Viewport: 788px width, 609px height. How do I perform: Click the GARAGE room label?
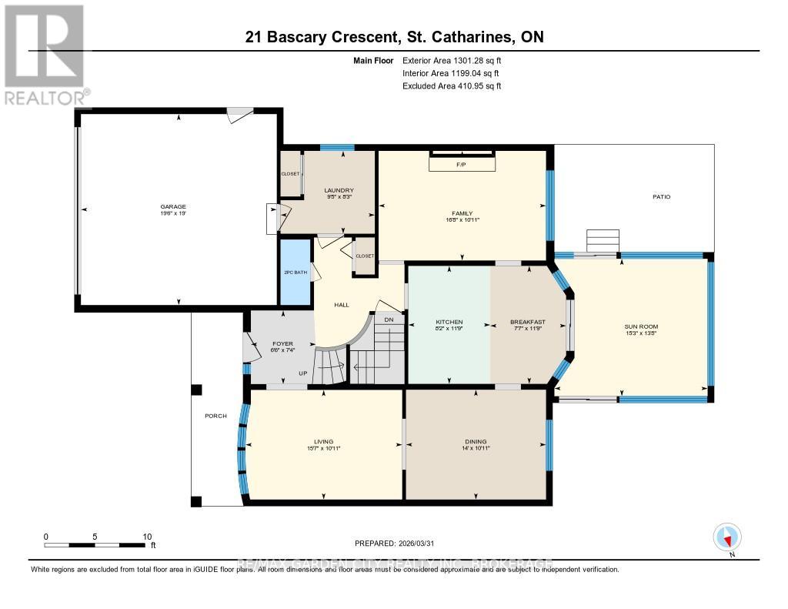[x=173, y=206]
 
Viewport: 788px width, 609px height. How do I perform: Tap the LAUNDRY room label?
[x=339, y=190]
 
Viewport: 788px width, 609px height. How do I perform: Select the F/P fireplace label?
[x=462, y=164]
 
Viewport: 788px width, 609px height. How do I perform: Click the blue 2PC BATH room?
[x=295, y=273]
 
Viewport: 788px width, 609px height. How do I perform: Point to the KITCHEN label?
[x=449, y=322]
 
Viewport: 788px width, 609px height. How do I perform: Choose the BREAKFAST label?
[x=528, y=322]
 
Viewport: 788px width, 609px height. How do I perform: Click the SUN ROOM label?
[x=641, y=326]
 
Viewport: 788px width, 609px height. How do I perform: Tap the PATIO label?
[x=661, y=197]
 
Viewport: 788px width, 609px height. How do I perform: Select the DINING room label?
[x=476, y=442]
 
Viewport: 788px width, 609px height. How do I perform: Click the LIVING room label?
[x=323, y=442]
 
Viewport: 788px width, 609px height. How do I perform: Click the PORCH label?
[x=215, y=417]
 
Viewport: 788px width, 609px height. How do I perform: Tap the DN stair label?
[x=389, y=319]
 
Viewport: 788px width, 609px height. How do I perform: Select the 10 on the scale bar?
[x=146, y=537]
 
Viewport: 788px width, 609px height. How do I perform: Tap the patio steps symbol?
[x=603, y=241]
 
